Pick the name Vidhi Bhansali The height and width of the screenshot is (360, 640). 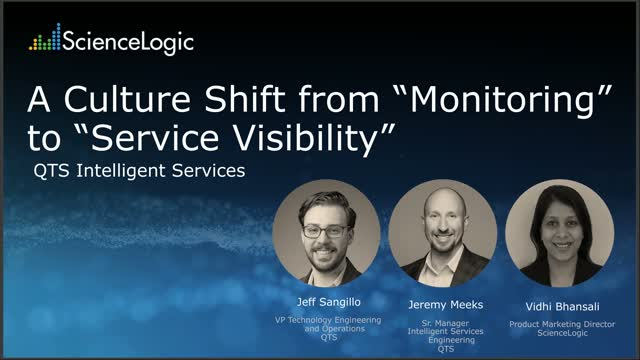click(x=554, y=305)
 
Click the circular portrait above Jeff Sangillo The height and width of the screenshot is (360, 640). click(x=326, y=232)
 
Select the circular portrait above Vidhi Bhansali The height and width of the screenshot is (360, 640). click(x=553, y=232)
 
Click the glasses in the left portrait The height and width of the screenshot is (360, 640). click(x=325, y=230)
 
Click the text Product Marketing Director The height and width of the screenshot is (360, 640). click(x=554, y=324)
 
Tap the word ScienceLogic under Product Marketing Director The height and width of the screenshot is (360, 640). click(x=554, y=332)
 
